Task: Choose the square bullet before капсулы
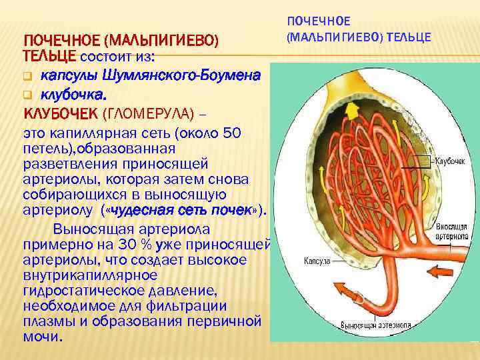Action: pos(27,73)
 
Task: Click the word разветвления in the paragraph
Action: pos(68,164)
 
